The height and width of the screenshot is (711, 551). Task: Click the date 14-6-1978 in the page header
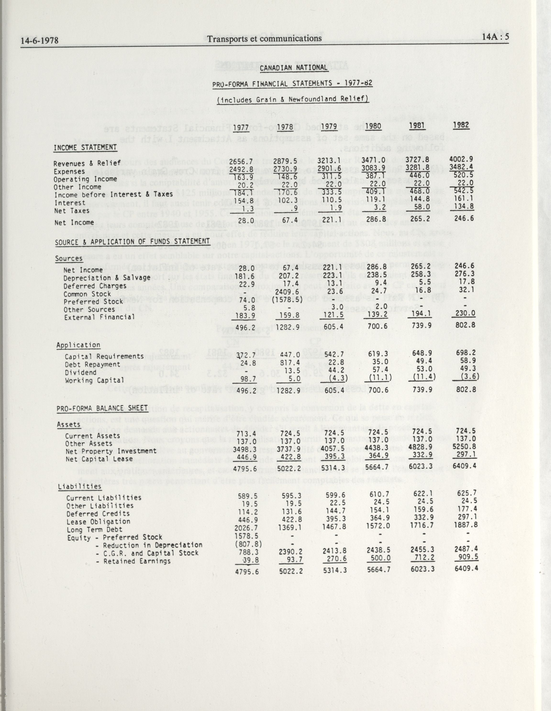(40, 40)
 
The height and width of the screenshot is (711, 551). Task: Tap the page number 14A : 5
(495, 37)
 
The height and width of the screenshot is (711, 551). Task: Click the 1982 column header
(461, 125)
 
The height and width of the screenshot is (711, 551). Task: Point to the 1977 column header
(241, 127)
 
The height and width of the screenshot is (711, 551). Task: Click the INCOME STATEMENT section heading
(85, 147)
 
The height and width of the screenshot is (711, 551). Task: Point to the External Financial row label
(99, 317)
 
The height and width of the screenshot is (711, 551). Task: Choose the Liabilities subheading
(79, 486)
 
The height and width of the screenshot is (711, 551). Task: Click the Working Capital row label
(95, 380)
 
